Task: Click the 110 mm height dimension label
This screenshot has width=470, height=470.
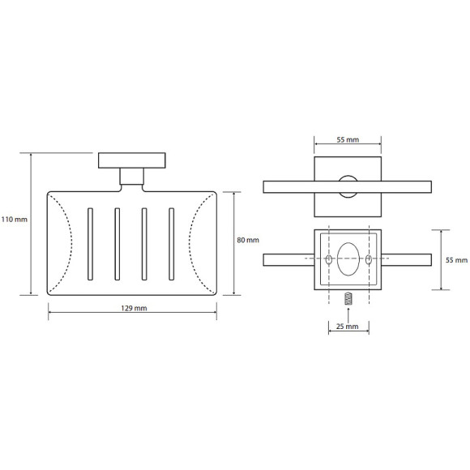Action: pyautogui.click(x=14, y=220)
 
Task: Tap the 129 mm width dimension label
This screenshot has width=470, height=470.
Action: pyautogui.click(x=134, y=308)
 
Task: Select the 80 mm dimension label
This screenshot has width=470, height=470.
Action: pyautogui.click(x=248, y=240)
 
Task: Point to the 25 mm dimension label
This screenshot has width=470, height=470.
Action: pyautogui.click(x=347, y=327)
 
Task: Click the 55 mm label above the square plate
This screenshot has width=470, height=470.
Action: pyautogui.click(x=348, y=139)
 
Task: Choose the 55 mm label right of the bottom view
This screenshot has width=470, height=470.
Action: pyautogui.click(x=456, y=260)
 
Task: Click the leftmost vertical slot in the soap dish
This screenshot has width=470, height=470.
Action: pyautogui.click(x=90, y=244)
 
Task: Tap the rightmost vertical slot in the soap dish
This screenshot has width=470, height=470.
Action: pyautogui.click(x=172, y=244)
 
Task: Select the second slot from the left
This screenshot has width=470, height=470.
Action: pyautogui.click(x=117, y=244)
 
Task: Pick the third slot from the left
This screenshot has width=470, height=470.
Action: pyautogui.click(x=144, y=244)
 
